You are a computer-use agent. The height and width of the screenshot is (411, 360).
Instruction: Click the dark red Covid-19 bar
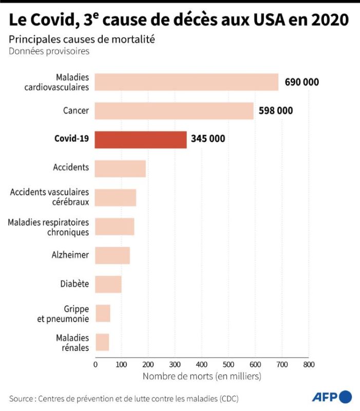click(x=141, y=140)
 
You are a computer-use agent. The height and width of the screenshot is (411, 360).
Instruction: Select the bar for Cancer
click(x=174, y=111)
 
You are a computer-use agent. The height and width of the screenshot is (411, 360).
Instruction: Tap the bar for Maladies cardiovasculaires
click(x=186, y=82)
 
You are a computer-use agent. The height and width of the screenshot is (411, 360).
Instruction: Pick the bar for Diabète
click(x=108, y=284)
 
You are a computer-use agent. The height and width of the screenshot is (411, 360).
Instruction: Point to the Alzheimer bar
click(x=112, y=255)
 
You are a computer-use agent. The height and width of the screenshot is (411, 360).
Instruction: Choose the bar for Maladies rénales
click(x=102, y=342)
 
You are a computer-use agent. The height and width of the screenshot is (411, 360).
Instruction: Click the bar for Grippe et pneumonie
click(x=103, y=313)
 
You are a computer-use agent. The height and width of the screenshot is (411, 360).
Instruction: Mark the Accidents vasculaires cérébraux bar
click(x=116, y=198)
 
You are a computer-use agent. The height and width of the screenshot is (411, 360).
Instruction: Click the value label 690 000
click(x=302, y=82)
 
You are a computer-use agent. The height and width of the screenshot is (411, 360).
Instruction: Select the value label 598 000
click(x=276, y=111)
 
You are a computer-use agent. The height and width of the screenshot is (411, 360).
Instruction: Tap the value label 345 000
click(x=208, y=139)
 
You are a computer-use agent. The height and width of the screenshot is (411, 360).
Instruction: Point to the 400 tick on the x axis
click(x=202, y=364)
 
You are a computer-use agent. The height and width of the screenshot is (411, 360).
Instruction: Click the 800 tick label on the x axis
click(x=308, y=364)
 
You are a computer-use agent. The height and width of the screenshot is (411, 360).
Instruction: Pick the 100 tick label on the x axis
click(x=122, y=364)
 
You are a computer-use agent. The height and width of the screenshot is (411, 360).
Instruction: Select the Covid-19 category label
click(x=71, y=139)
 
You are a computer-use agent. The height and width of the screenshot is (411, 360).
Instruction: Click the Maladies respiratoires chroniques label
click(x=48, y=227)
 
